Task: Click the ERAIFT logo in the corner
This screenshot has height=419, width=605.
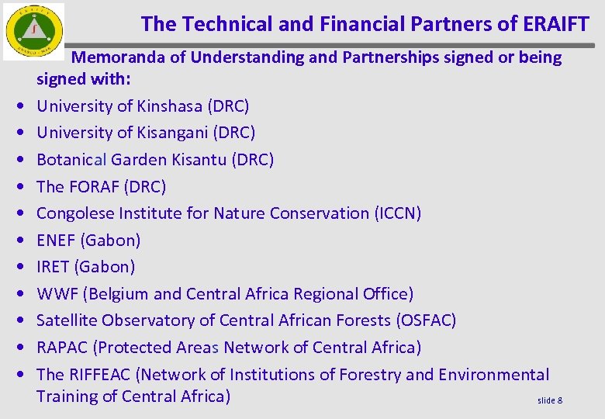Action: tap(34, 31)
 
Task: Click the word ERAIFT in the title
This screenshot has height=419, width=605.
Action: tap(556, 24)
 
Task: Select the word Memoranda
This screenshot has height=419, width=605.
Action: tap(128, 57)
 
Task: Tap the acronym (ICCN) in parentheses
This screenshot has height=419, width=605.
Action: tap(397, 213)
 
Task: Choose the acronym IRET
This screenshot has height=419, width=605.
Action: tap(53, 267)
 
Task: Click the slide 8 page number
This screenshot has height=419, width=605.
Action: tap(550, 400)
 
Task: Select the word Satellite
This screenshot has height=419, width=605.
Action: tap(67, 320)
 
